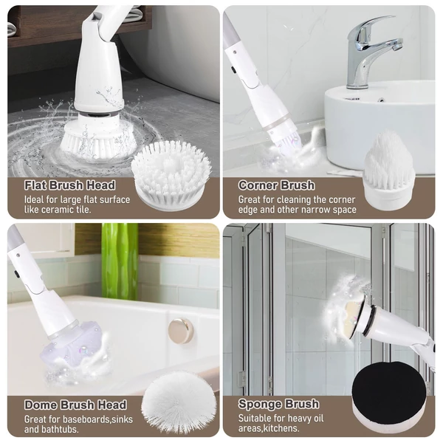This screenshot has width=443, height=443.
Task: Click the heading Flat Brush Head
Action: point(70,185)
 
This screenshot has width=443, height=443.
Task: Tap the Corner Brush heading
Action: point(276,185)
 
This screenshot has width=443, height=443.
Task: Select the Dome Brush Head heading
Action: point(75,405)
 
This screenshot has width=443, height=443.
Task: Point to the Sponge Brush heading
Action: point(278,404)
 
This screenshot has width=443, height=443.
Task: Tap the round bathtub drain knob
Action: point(181,330)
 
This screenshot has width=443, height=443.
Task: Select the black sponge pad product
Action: point(389,389)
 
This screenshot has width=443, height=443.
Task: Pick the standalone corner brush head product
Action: point(389,167)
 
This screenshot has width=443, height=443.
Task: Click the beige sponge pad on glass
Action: point(354,317)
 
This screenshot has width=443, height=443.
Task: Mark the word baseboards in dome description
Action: point(86,419)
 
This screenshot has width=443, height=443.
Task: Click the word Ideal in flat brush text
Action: point(34,200)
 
